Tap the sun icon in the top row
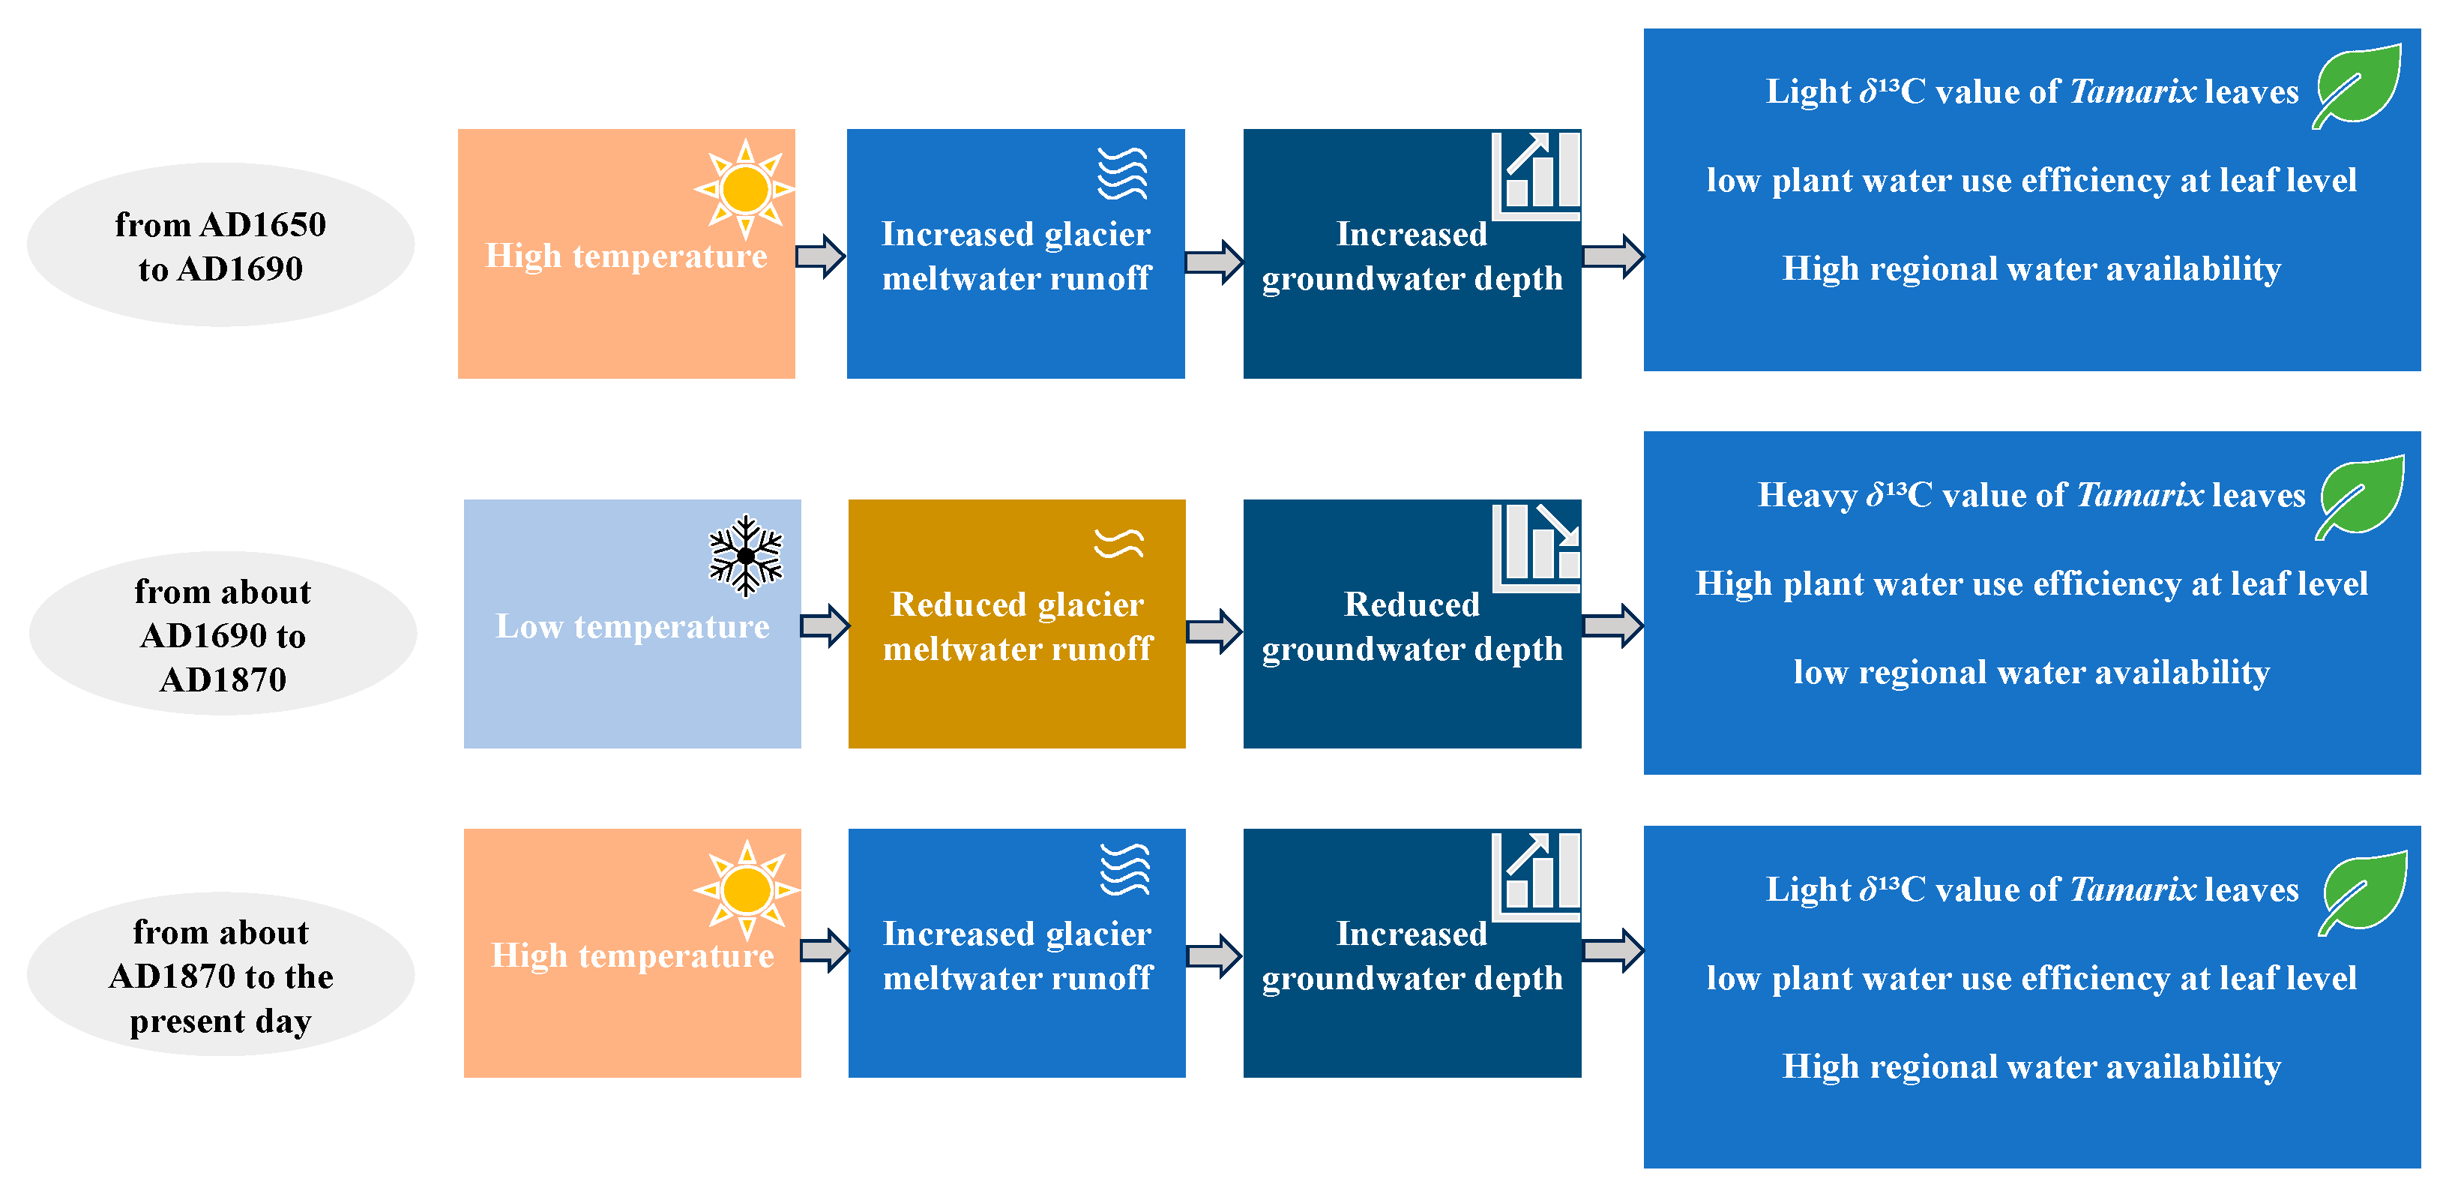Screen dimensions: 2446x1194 [745, 188]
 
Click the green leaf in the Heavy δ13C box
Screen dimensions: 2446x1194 [2361, 496]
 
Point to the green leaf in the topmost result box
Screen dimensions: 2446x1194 [2358, 85]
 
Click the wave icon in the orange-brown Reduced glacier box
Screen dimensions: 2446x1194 [1118, 542]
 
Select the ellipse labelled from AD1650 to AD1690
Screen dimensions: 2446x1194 [220, 245]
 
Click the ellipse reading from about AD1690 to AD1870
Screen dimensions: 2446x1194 [222, 634]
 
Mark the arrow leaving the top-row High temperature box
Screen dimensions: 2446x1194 [820, 256]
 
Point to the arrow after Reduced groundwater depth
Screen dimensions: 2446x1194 [1612, 625]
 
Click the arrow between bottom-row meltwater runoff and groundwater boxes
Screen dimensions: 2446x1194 [1214, 955]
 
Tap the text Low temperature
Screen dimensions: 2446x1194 [633, 627]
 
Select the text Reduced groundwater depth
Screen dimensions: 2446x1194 [1412, 627]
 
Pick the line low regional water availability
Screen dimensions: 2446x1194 [2031, 673]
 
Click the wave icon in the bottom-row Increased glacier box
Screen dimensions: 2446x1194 [1124, 869]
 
